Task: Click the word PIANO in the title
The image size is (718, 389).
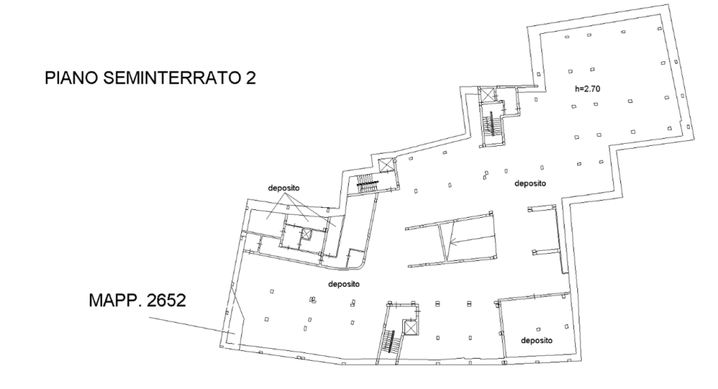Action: click(x=71, y=78)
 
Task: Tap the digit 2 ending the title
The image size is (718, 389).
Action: click(x=251, y=78)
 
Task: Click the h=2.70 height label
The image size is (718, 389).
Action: click(x=587, y=89)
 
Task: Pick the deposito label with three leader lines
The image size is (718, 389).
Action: click(x=284, y=188)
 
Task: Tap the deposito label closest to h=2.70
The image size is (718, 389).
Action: click(x=531, y=183)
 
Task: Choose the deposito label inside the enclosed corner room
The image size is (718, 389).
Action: click(x=536, y=340)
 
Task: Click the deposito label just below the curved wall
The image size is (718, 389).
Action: click(x=344, y=284)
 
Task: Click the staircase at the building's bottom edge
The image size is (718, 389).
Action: click(x=389, y=342)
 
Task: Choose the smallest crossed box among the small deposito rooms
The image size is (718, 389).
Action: click(x=305, y=234)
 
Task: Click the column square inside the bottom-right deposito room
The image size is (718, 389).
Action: click(x=538, y=329)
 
